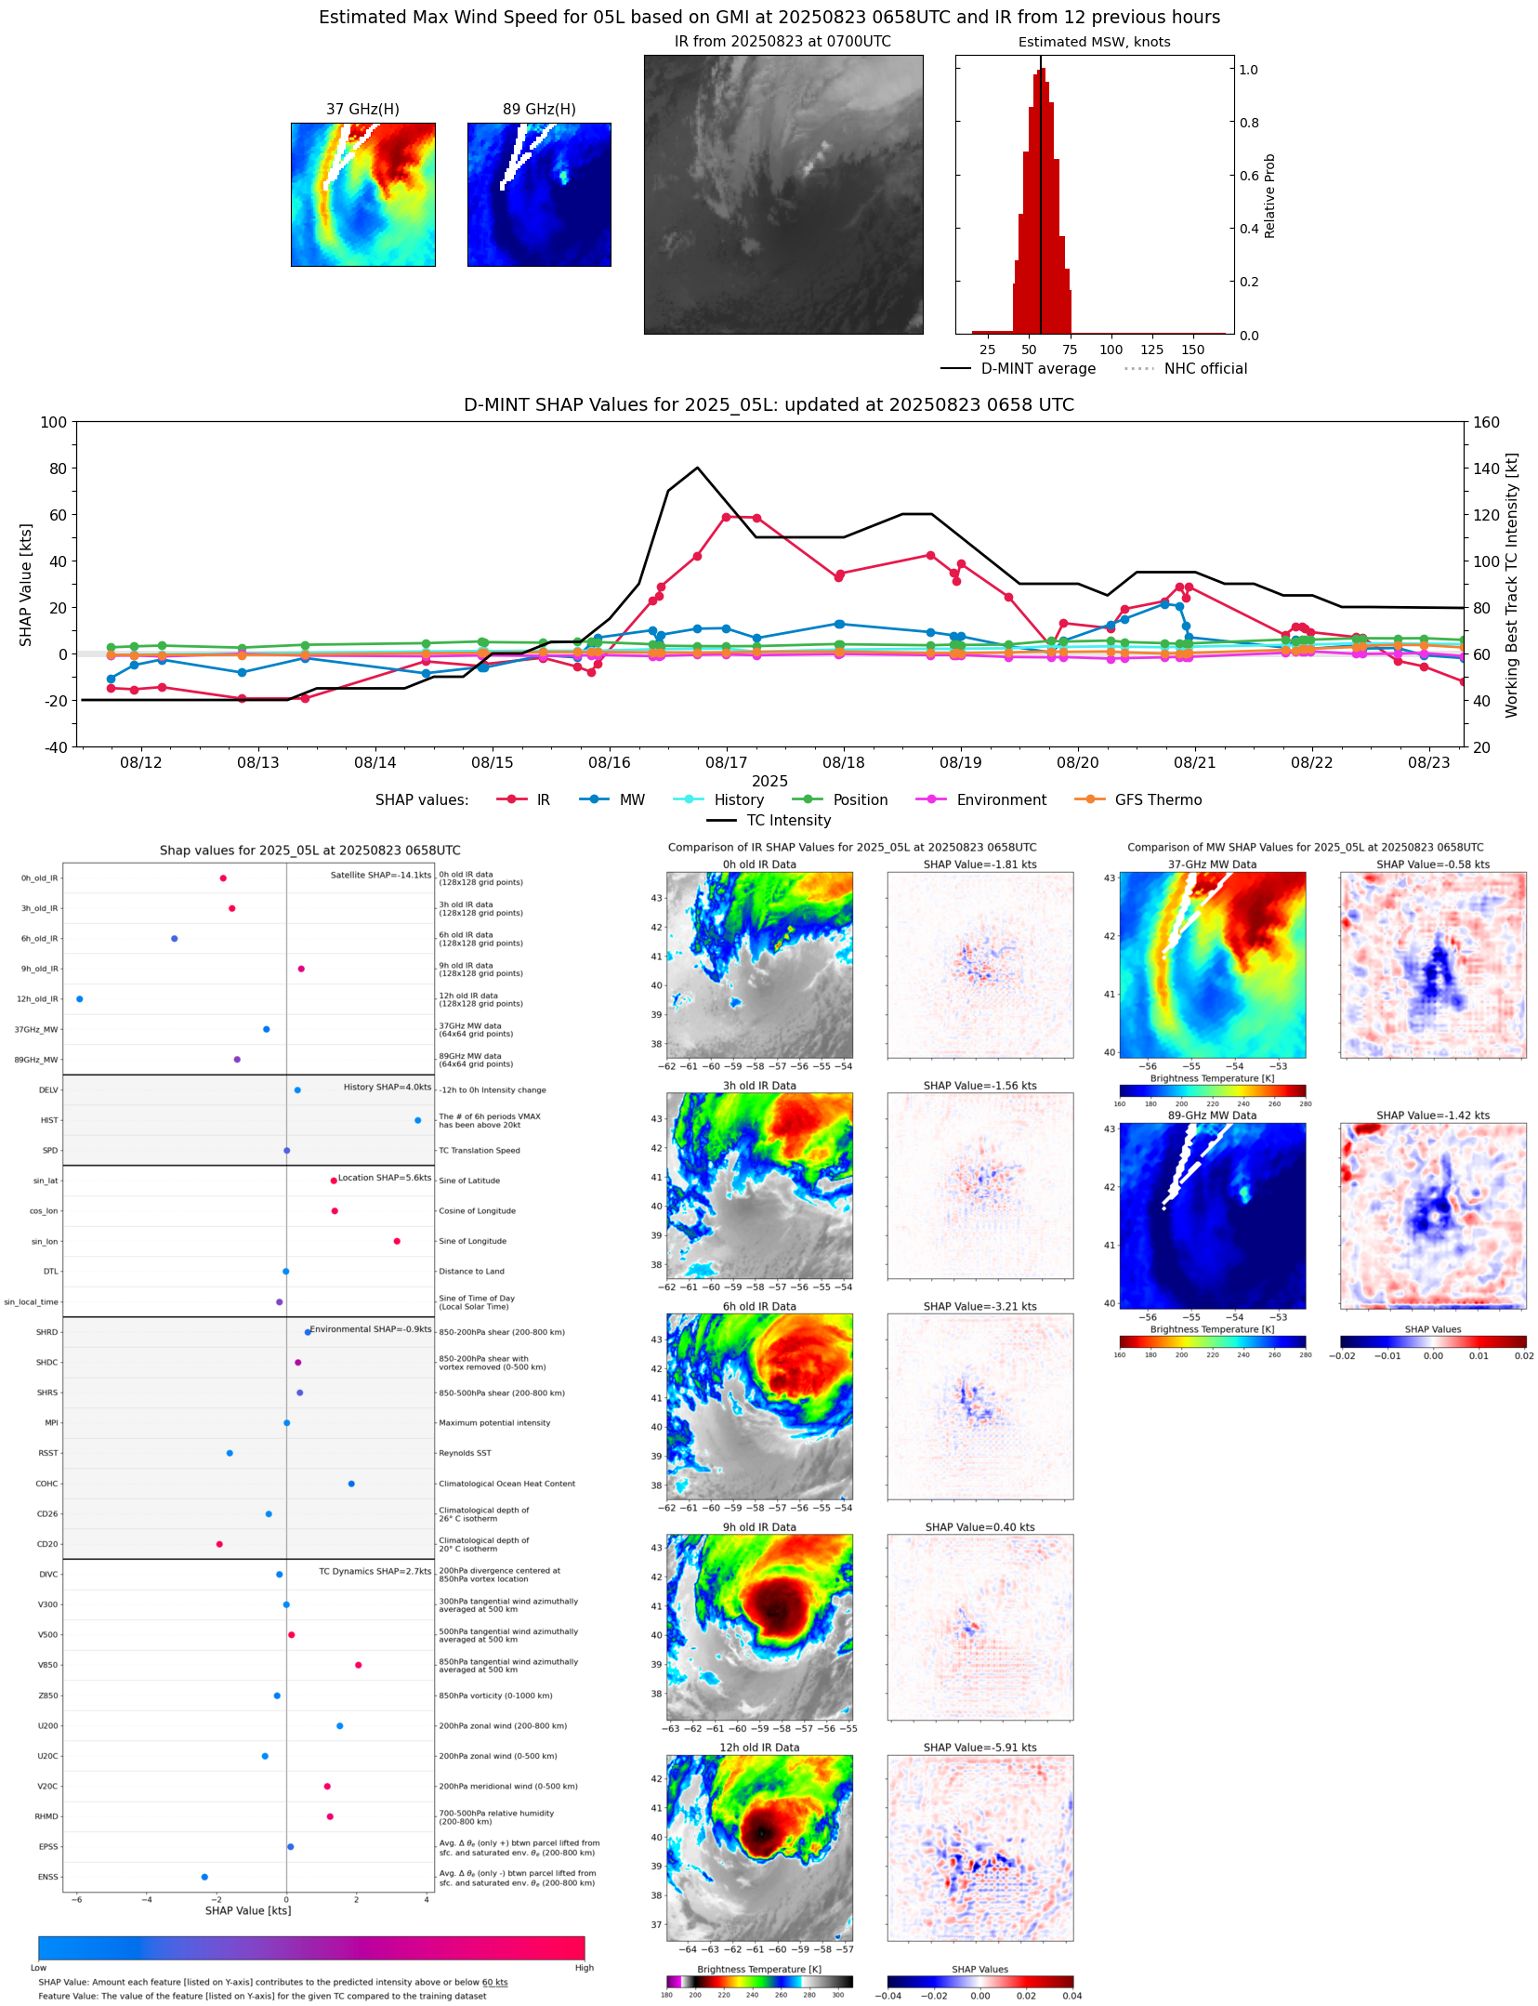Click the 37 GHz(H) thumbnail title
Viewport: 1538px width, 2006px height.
click(362, 110)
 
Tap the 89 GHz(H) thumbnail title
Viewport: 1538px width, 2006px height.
click(539, 110)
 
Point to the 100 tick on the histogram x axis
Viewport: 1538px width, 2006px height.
click(1111, 350)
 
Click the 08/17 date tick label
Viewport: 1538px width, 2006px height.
click(726, 763)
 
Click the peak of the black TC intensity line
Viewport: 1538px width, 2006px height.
click(697, 468)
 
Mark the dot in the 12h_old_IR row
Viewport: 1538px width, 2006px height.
click(80, 999)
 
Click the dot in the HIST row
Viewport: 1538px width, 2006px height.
click(418, 1120)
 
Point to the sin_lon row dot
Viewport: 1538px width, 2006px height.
click(397, 1241)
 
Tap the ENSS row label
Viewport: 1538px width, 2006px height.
click(47, 1877)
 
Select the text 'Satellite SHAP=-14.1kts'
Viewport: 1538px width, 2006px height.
click(380, 876)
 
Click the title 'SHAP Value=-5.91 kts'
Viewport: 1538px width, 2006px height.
click(979, 1748)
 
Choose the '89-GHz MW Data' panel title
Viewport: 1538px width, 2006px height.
click(1212, 1115)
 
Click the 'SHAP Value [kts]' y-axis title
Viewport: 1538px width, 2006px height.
click(26, 585)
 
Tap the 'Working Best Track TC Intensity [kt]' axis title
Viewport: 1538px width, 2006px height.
click(1512, 585)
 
